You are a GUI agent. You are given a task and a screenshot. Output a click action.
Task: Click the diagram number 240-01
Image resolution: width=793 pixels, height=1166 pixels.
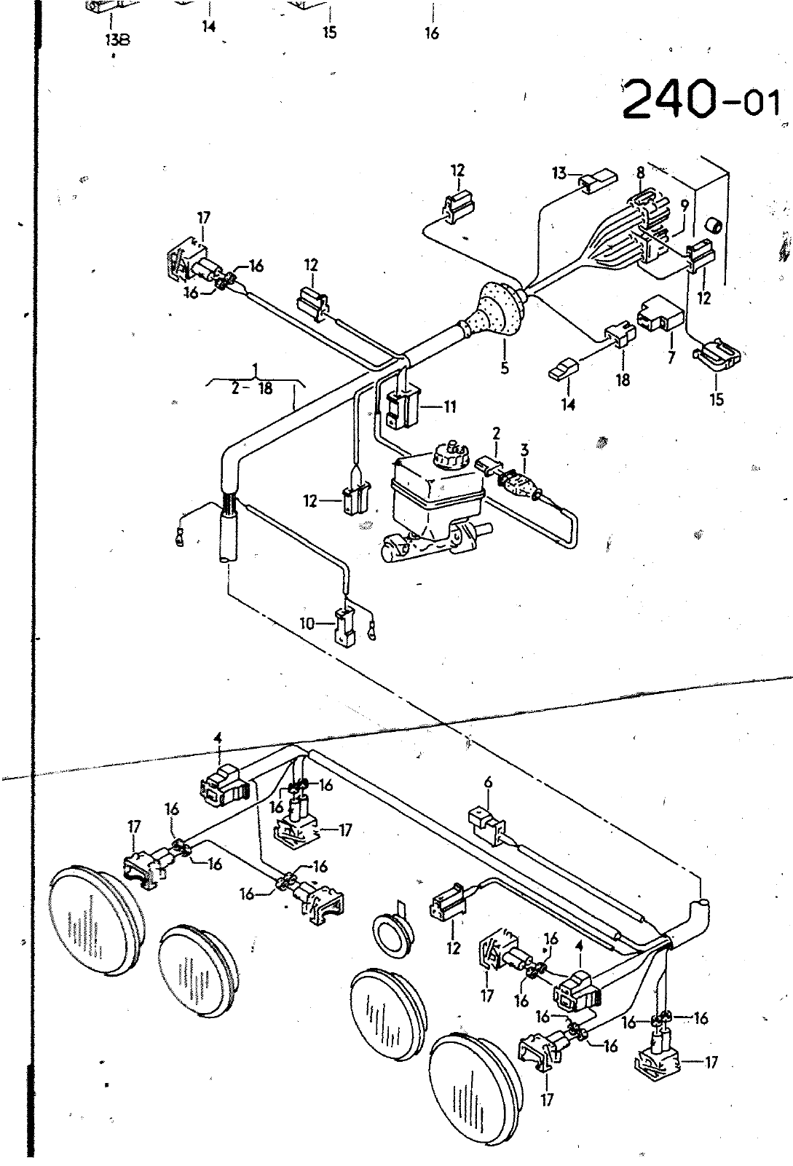pos(701,98)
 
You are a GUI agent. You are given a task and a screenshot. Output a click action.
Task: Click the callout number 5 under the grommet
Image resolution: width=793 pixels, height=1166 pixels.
pos(504,369)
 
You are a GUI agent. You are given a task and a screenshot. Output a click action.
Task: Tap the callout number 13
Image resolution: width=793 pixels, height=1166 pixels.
pos(559,173)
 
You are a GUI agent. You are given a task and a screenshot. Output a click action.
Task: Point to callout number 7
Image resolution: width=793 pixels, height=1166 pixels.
pos(671,358)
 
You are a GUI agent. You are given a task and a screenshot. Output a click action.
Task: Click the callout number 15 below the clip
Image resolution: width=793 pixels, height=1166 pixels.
pos(717,399)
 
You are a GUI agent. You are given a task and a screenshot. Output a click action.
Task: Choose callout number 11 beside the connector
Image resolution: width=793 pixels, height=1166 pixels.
pos(449,406)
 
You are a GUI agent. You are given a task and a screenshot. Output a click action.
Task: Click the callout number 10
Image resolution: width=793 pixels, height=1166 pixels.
pos(307,623)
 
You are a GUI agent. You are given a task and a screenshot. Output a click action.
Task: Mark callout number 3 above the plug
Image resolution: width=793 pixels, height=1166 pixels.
pos(524,449)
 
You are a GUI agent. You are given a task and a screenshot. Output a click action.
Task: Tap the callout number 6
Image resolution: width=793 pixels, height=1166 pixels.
pos(488,782)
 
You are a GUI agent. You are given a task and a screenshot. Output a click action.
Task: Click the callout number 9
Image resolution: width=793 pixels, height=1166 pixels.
pos(684,207)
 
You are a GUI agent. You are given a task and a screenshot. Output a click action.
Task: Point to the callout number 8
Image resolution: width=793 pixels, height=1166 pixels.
pos(639,173)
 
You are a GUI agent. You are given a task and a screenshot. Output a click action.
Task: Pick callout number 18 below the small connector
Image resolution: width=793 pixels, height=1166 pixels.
pos(623,379)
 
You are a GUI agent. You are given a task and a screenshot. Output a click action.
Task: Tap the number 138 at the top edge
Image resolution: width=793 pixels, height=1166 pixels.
pos(117,39)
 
